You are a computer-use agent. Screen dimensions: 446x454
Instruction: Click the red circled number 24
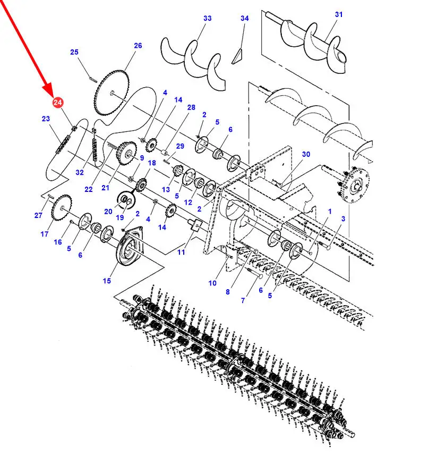(x=57, y=102)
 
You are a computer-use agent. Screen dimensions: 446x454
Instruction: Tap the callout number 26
(x=138, y=46)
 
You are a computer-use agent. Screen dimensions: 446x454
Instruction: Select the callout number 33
(x=208, y=18)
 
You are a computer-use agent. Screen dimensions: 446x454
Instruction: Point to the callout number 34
(x=245, y=18)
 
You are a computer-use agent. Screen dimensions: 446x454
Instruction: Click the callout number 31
(x=339, y=14)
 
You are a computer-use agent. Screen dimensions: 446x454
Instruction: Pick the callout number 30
(x=306, y=154)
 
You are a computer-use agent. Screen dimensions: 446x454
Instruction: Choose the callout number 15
(x=107, y=281)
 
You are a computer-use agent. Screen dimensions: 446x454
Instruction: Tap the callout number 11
(x=181, y=252)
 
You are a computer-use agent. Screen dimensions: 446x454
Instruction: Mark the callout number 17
(x=45, y=234)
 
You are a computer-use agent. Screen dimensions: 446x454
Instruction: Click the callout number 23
(x=46, y=119)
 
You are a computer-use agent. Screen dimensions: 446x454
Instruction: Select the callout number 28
(x=191, y=107)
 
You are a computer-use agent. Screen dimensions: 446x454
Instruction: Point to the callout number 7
(x=243, y=300)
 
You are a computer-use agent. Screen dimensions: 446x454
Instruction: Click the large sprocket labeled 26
(x=112, y=93)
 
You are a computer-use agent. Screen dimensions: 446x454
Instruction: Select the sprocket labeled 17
(x=61, y=208)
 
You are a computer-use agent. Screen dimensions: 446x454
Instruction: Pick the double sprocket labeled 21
(x=126, y=153)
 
